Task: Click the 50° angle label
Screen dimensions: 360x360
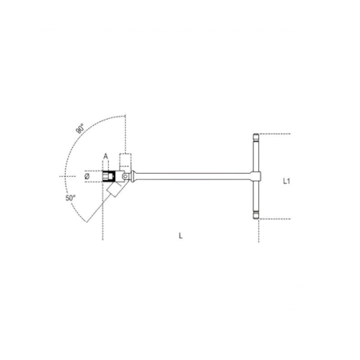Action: click(x=71, y=199)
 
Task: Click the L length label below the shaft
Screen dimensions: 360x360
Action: click(x=182, y=236)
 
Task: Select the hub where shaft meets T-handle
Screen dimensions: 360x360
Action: click(x=254, y=179)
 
